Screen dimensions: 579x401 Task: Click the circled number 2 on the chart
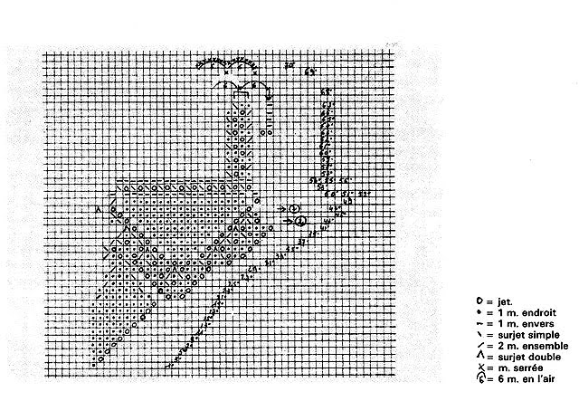pyautogui.click(x=295, y=208)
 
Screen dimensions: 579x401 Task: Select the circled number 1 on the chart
pyautogui.click(x=301, y=219)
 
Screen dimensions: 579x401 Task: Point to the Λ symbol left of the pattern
pyautogui.click(x=98, y=209)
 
